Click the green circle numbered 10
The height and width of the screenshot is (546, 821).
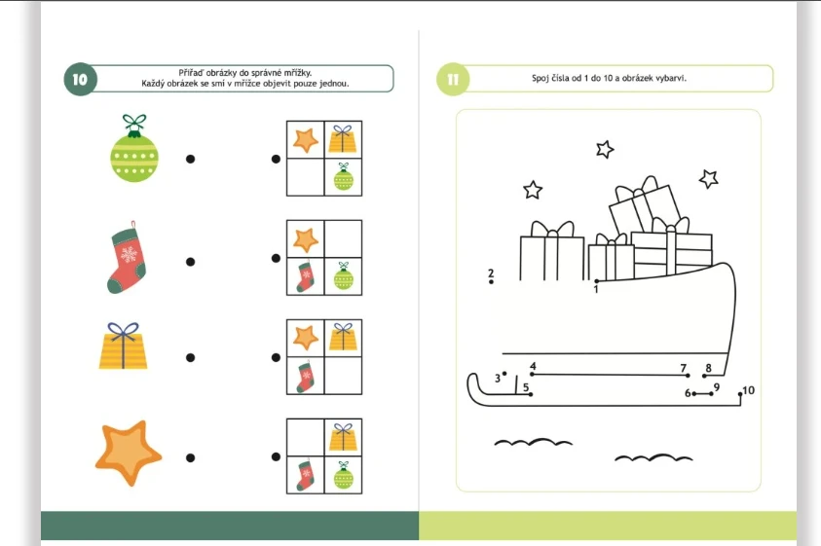point(80,80)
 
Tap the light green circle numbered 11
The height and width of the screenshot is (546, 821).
point(453,80)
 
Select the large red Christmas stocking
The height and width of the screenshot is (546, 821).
point(127,257)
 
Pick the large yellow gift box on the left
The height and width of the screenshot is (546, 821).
point(123,346)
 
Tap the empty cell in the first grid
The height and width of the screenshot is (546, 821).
point(305,177)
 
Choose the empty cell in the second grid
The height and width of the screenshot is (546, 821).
point(343,238)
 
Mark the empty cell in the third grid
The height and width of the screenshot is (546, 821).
point(343,376)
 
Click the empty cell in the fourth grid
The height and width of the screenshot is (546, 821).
point(305,437)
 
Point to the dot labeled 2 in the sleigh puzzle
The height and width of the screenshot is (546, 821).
point(491,282)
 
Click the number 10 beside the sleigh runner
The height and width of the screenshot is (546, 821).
point(749,390)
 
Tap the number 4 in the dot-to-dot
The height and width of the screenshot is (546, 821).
point(533,366)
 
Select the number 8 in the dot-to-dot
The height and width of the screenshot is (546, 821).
point(708,368)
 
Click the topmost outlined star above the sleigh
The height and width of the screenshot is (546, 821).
point(605,149)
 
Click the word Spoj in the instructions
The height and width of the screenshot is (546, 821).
point(541,79)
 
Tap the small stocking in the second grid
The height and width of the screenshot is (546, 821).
point(305,275)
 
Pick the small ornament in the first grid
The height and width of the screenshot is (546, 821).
point(344,177)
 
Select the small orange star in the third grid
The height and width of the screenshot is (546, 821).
point(306,338)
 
